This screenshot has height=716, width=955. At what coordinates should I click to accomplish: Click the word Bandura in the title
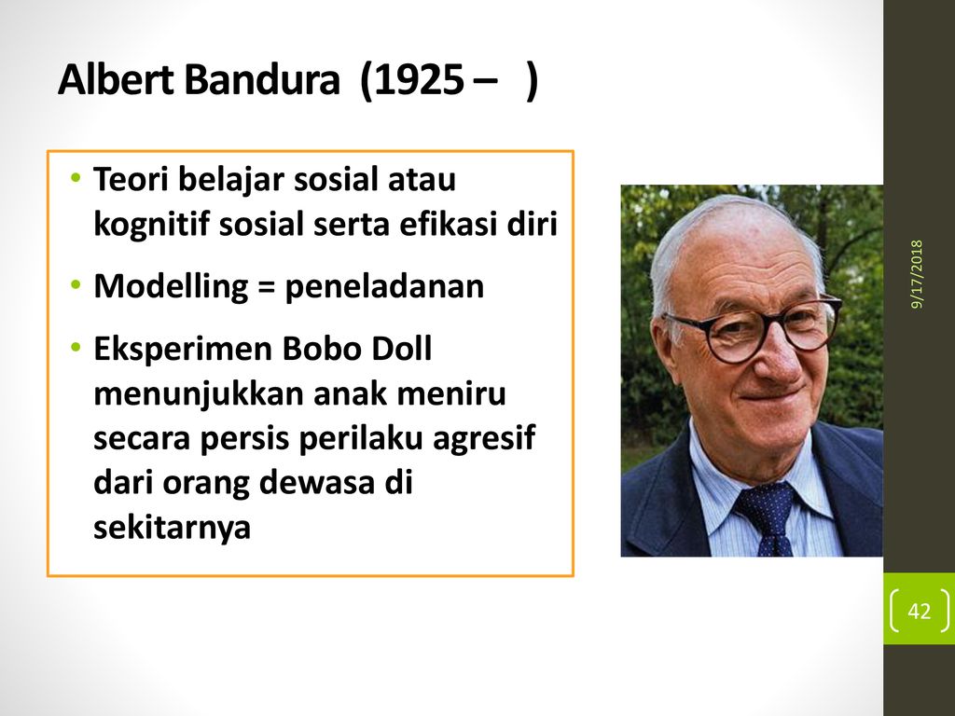[261, 80]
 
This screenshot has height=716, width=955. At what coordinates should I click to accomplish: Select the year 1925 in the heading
[419, 80]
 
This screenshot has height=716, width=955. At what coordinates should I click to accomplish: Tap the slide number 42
[919, 611]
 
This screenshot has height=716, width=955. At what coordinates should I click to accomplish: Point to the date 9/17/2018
[918, 274]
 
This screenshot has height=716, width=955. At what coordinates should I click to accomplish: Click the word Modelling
[171, 286]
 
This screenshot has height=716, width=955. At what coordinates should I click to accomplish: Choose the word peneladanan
[384, 286]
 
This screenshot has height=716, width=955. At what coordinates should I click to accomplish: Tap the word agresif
[484, 439]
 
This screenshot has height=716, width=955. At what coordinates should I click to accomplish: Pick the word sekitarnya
[172, 526]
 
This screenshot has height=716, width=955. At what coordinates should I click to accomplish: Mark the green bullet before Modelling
[76, 284]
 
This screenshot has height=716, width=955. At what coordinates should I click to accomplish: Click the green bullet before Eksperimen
[76, 348]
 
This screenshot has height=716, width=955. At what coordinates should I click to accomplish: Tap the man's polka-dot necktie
[768, 516]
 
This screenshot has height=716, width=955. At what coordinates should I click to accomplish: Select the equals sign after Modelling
[266, 286]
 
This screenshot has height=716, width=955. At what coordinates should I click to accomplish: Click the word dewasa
[316, 482]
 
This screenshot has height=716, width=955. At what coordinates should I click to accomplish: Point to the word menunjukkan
[199, 394]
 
